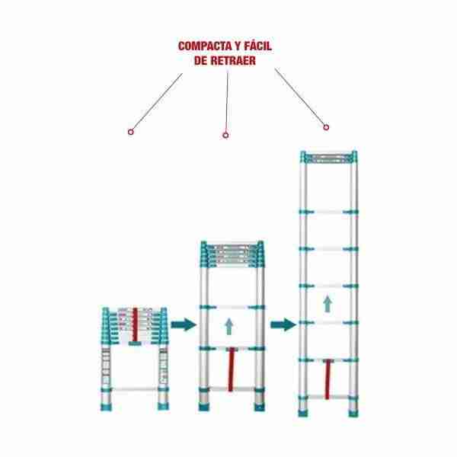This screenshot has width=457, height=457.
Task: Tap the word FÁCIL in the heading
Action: point(258,46)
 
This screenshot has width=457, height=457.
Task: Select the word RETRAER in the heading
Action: point(233,61)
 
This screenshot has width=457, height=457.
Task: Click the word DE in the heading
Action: point(201,61)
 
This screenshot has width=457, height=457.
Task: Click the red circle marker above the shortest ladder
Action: point(131,132)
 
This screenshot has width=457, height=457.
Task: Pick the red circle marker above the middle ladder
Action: point(225,136)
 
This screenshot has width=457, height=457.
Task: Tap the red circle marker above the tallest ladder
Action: point(326,127)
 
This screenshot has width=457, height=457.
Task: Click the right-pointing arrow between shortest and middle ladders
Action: point(184,324)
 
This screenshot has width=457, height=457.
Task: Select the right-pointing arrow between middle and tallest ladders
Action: point(283,324)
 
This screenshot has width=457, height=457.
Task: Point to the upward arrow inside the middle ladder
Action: point(229,327)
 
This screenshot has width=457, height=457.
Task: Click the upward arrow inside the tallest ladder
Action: point(328,304)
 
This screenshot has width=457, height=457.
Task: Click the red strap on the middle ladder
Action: point(231,369)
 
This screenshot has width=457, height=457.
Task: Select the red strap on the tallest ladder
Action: point(328,379)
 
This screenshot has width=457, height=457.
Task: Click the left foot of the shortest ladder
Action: point(106,406)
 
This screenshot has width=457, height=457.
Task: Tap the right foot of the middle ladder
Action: point(260,407)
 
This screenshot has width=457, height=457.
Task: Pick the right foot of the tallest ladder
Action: point(353,413)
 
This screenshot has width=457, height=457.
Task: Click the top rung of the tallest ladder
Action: point(329,158)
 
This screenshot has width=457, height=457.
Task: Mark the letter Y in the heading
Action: point(238,46)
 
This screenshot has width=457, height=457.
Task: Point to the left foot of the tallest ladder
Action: point(303,413)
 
